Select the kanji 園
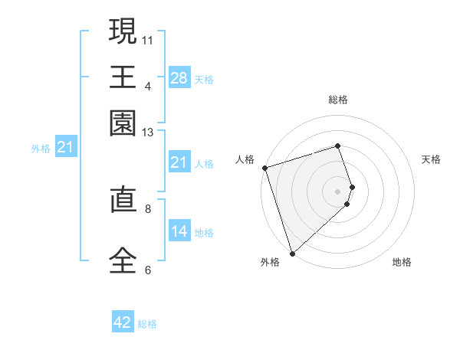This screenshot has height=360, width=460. coord(123,123)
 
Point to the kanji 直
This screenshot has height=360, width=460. coord(123,202)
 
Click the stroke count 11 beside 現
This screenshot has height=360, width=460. coord(148,39)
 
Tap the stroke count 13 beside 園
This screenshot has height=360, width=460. coord(148,133)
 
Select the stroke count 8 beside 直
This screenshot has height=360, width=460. coord(148,207)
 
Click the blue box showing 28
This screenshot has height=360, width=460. coord(179,77)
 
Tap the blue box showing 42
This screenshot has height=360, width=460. coord(123,322)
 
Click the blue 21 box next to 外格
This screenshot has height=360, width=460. coord(65,147)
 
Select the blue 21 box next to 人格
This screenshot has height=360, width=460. coord(179,162)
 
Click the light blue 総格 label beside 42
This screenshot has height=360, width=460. coord(147,324)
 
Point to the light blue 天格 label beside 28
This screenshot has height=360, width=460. coord(204,79)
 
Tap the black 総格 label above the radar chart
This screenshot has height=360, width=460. coord(338,100)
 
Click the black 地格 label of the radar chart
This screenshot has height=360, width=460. coord(402,262)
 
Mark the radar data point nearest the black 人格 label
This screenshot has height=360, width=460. coord(264,168)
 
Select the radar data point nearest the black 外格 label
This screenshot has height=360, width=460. coord(292,253)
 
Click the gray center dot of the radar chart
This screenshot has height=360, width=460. coord(338,191)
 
